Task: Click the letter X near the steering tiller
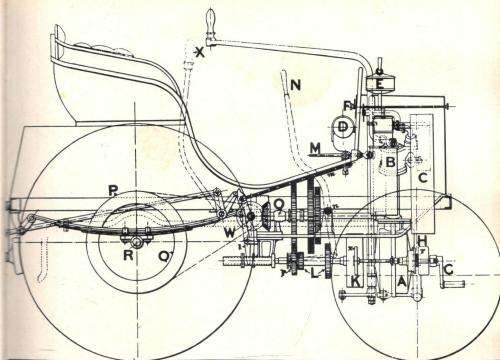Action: (200, 50)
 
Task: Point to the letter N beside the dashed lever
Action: (295, 85)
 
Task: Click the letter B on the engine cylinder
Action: (392, 160)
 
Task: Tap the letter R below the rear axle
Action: (127, 255)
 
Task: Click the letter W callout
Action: (230, 233)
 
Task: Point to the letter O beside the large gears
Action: (278, 208)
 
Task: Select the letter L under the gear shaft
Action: (315, 272)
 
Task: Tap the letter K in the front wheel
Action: (357, 281)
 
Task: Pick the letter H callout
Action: (423, 239)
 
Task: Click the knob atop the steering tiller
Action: (211, 17)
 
